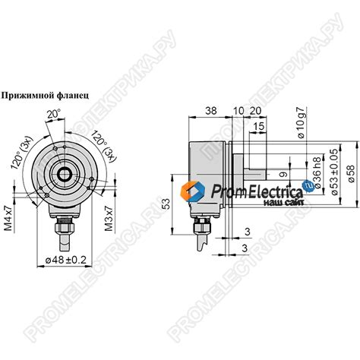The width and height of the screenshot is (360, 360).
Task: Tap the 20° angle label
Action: pyautogui.click(x=53, y=115)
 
